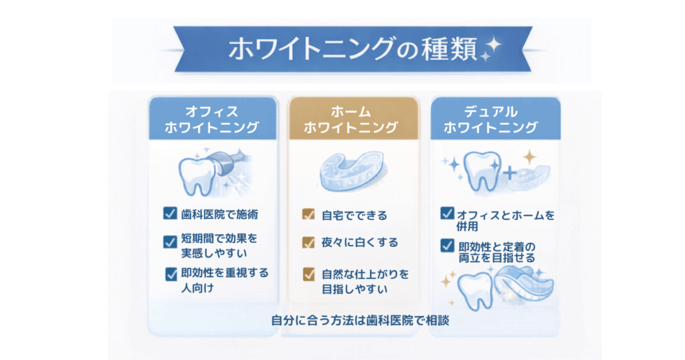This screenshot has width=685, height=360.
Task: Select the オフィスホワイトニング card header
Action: click(212, 119)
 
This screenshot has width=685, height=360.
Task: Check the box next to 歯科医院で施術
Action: click(170, 214)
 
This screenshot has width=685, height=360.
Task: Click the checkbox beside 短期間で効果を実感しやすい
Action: click(170, 241)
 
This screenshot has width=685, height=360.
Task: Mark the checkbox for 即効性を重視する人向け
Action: click(171, 274)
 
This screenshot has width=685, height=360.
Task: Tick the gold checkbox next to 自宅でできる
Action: click(308, 215)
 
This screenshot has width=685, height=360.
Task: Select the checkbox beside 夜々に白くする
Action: click(308, 242)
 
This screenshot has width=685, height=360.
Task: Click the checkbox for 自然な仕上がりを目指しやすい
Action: click(308, 274)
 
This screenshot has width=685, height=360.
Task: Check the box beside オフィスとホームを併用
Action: click(447, 214)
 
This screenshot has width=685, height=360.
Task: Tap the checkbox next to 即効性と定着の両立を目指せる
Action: click(447, 246)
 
